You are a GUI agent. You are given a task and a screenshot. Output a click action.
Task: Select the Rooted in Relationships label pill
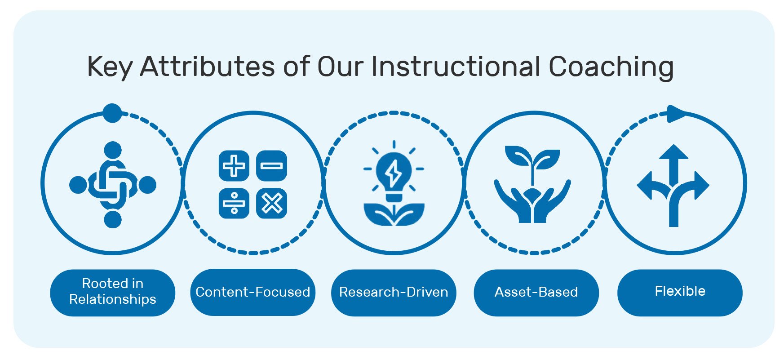pos(113,292)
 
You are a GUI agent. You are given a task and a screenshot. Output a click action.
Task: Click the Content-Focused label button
pos(253,292)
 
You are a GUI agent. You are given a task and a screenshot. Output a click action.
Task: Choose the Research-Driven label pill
pos(394,292)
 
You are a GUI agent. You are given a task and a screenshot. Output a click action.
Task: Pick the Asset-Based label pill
pos(536,292)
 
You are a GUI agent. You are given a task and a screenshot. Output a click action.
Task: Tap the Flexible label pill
pos(680,292)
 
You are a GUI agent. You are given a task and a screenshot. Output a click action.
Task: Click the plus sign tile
pos(234,166)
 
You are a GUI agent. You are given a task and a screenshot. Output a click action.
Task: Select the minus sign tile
pos(271,166)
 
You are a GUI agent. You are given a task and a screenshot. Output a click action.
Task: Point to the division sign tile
pos(234,203)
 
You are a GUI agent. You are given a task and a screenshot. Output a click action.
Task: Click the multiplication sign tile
pos(271,203)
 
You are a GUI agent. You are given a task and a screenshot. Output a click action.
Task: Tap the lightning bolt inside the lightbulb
pos(394,172)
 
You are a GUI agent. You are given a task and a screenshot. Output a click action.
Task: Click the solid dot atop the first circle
pos(112,113)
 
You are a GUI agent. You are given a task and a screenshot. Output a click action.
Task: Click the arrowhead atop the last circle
pos(675,114)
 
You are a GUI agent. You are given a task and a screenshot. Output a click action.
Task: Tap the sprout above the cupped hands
pos(532,160)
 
